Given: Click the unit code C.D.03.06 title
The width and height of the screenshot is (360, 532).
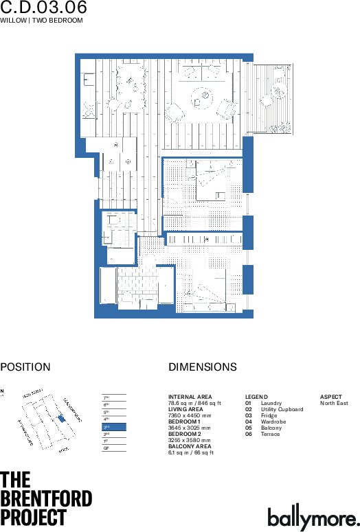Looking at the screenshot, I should point(44,8).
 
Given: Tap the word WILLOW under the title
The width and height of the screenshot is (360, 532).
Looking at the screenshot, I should point(13,21).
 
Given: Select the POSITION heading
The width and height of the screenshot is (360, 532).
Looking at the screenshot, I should point(25,367).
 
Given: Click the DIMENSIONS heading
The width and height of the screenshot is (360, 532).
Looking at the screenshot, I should point(202,367).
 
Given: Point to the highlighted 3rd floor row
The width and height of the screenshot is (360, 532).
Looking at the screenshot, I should point(114,427).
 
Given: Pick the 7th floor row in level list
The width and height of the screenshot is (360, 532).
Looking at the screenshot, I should point(114,397).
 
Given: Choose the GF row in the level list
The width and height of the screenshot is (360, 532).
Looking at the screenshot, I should point(114,448).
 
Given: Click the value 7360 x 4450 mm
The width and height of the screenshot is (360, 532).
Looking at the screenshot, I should point(190,416).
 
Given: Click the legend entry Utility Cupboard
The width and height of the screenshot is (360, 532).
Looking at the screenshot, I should point(282,409).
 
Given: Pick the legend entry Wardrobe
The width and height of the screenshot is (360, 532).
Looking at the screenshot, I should point(273,421).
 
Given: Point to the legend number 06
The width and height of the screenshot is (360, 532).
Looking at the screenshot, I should point(249,434).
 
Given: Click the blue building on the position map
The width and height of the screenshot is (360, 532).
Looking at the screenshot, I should point(61,418).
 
